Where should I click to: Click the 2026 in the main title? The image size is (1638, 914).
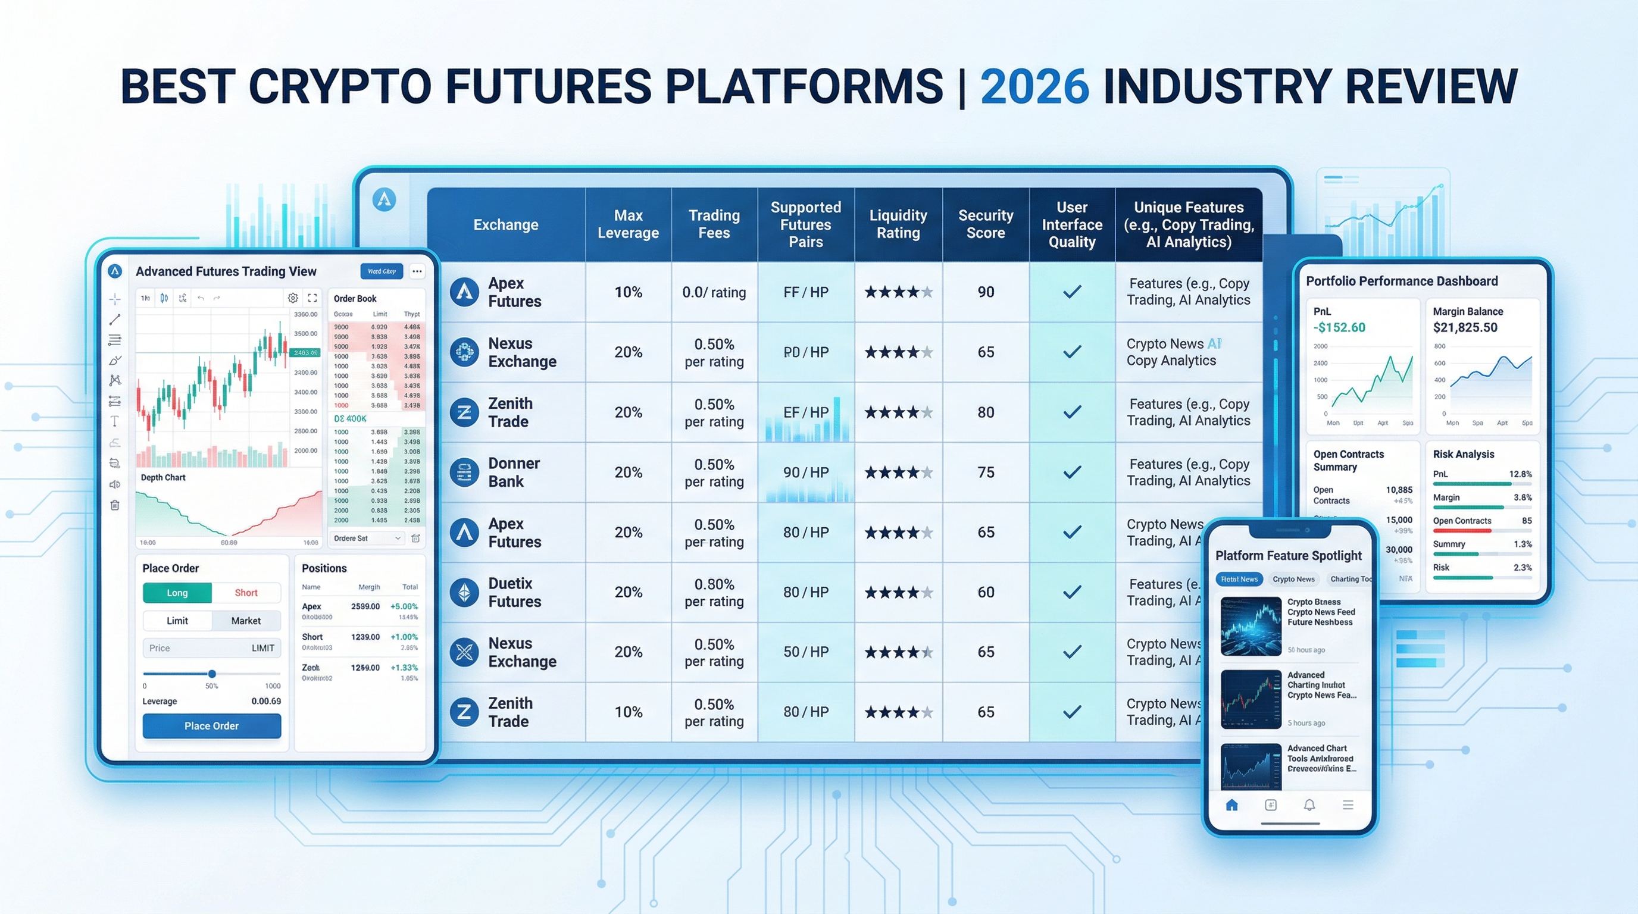pyautogui.click(x=1034, y=86)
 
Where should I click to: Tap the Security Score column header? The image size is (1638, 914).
pyautogui.click(x=985, y=224)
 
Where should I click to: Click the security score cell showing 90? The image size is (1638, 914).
pyautogui.click(x=986, y=292)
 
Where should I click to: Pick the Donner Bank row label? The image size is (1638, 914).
pyautogui.click(x=513, y=472)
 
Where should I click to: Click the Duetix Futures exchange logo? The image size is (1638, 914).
pyautogui.click(x=464, y=593)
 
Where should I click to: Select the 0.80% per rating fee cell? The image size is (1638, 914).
pyautogui.click(x=714, y=593)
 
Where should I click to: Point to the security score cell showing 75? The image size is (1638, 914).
pyautogui.click(x=986, y=472)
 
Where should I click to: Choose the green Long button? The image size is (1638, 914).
pyautogui.click(x=177, y=593)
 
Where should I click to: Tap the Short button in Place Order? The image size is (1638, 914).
pyautogui.click(x=245, y=593)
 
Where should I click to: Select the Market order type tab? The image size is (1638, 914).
pyautogui.click(x=245, y=621)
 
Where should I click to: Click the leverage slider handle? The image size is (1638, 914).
pyautogui.click(x=212, y=674)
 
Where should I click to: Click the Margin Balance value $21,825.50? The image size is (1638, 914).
pyautogui.click(x=1464, y=327)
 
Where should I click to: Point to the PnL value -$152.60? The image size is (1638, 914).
pyautogui.click(x=1339, y=327)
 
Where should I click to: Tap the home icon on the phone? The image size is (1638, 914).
pyautogui.click(x=1231, y=805)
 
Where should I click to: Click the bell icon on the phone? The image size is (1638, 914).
pyautogui.click(x=1309, y=805)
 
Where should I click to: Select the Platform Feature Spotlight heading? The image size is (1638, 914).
pyautogui.click(x=1288, y=556)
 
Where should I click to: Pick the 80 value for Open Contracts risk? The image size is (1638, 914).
pyautogui.click(x=1526, y=521)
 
